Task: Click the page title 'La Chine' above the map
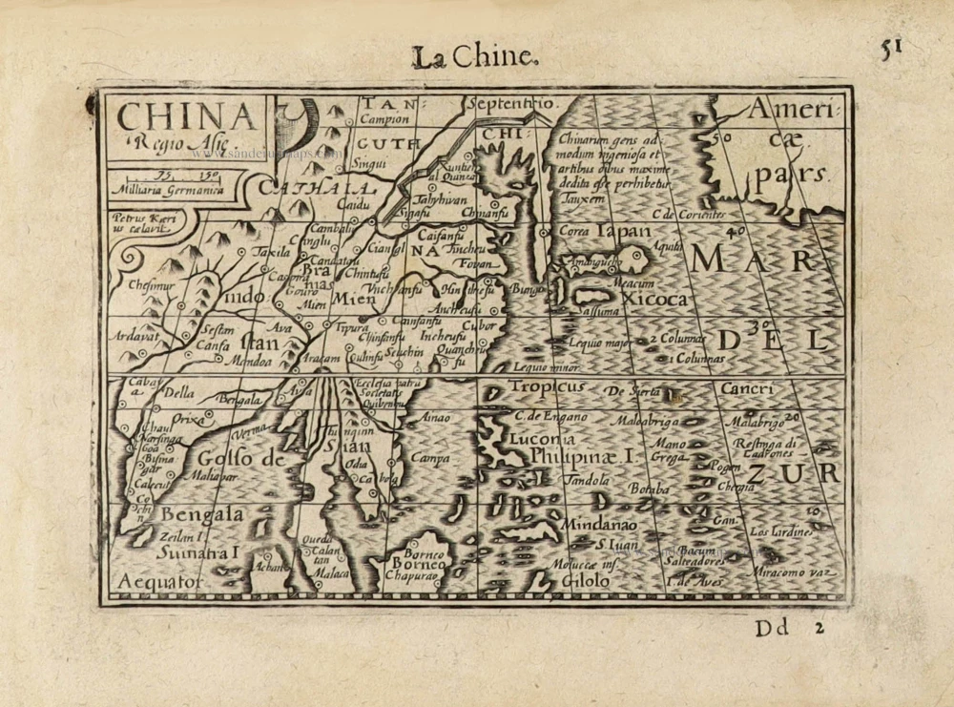pyautogui.click(x=474, y=57)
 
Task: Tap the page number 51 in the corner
pyautogui.click(x=891, y=50)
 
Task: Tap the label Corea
pyautogui.click(x=573, y=232)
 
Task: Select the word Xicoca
pyautogui.click(x=653, y=300)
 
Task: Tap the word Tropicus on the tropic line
pyautogui.click(x=546, y=386)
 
